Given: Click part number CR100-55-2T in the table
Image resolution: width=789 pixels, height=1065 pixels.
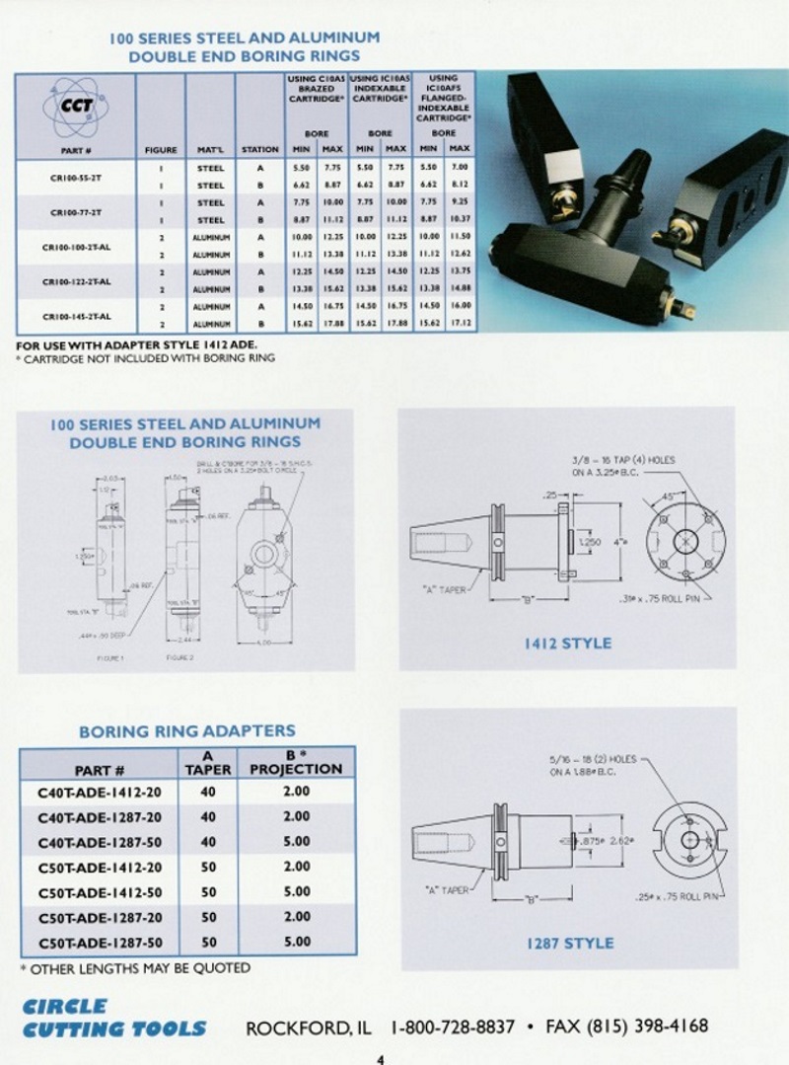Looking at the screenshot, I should click(x=75, y=176).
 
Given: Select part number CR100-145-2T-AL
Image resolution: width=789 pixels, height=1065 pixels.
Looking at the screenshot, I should click(x=76, y=316).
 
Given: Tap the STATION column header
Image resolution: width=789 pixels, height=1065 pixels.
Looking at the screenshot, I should click(x=260, y=150).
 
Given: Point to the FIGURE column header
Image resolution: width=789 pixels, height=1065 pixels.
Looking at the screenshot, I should click(x=161, y=150).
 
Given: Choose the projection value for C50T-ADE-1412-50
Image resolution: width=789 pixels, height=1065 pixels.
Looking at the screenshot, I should click(x=296, y=892).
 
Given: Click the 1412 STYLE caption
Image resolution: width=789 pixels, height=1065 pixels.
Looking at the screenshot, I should click(x=567, y=644).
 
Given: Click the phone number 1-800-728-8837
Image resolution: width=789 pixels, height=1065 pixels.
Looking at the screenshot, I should click(x=453, y=1027).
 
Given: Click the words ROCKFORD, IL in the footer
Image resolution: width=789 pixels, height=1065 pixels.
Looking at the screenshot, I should click(x=310, y=1027).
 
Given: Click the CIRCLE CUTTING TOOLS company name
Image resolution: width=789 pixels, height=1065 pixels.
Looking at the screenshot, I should click(x=113, y=1018).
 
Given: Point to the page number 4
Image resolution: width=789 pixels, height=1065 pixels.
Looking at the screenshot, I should click(x=381, y=1059).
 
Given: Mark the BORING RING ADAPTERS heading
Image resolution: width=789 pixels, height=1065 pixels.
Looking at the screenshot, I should click(x=186, y=731).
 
